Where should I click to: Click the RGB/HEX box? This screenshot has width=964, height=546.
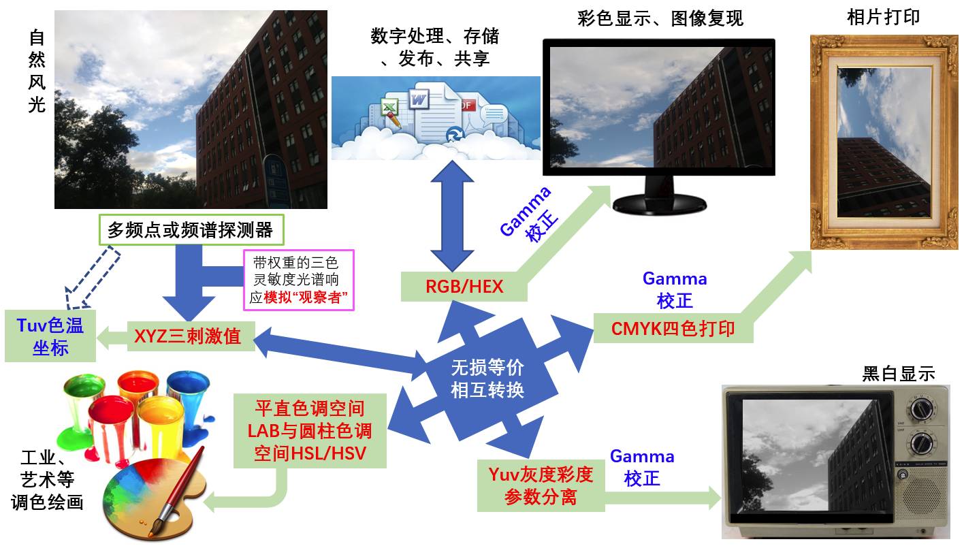pyautogui.click(x=464, y=286)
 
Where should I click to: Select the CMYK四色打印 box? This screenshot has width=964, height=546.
pyautogui.click(x=673, y=328)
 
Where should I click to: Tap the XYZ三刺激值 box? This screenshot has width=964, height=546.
pyautogui.click(x=191, y=336)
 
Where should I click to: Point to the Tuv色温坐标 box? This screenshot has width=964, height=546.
pyautogui.click(x=50, y=336)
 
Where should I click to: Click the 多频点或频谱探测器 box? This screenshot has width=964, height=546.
pyautogui.click(x=190, y=230)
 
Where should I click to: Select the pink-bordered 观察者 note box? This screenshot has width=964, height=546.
pyautogui.click(x=299, y=280)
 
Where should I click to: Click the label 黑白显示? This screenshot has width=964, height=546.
pyautogui.click(x=898, y=373)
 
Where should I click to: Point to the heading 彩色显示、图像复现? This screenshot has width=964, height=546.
pyautogui.click(x=659, y=18)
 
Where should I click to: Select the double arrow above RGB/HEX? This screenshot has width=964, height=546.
pyautogui.click(x=452, y=217)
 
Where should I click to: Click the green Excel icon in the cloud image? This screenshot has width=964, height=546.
pyautogui.click(x=389, y=110)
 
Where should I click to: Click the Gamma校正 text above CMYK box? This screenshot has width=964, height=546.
pyautogui.click(x=674, y=289)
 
